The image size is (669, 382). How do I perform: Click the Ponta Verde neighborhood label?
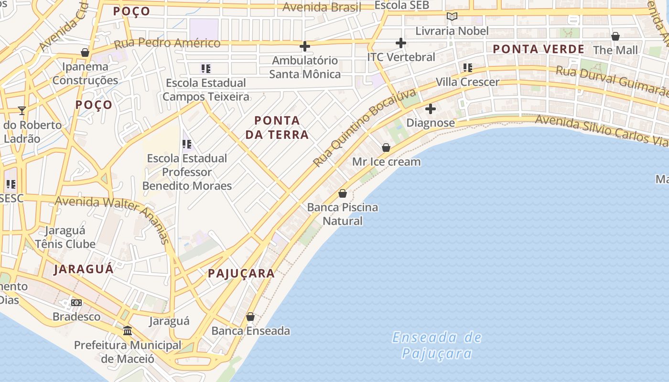pyautogui.click(x=539, y=49)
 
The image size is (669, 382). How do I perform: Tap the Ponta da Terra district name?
pyautogui.click(x=277, y=127)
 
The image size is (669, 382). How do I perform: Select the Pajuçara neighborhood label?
pyautogui.click(x=241, y=274)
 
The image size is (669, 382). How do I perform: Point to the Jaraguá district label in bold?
pyautogui.click(x=84, y=269)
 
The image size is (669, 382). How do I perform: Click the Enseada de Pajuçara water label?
pyautogui.click(x=437, y=345)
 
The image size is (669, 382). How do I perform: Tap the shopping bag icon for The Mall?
pyautogui.click(x=615, y=36)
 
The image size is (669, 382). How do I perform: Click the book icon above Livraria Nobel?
pyautogui.click(x=452, y=17)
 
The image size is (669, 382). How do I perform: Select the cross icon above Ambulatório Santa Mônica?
pyautogui.click(x=304, y=46)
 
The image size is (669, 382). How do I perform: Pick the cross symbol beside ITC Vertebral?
pyautogui.click(x=401, y=43)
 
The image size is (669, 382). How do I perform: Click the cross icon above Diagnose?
pyautogui.click(x=431, y=109)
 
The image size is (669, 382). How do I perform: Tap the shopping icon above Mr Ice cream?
pyautogui.click(x=386, y=148)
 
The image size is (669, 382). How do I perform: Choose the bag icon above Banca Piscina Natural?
pyautogui.click(x=343, y=193)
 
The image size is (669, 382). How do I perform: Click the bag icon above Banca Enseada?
pyautogui.click(x=250, y=317)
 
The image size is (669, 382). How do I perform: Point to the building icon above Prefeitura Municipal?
pyautogui.click(x=128, y=330)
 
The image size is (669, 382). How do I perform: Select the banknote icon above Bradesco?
pyautogui.click(x=76, y=303)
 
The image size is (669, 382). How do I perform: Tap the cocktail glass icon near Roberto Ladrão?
pyautogui.click(x=22, y=111)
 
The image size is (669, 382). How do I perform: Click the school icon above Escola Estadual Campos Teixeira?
pyautogui.click(x=206, y=69)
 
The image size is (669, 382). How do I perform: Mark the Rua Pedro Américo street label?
pyautogui.click(x=167, y=43)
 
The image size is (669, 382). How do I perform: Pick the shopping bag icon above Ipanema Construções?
pyautogui.click(x=85, y=53)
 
